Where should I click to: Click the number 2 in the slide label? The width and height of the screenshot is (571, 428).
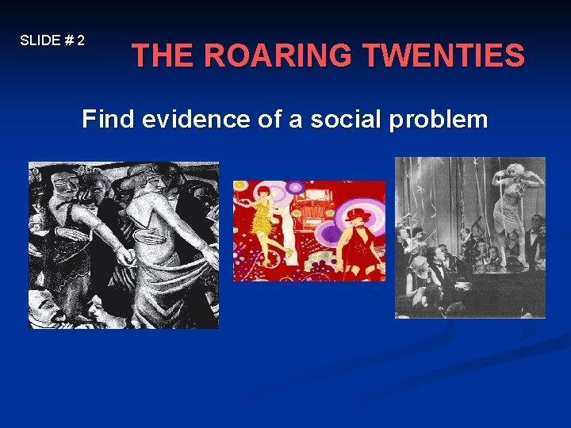(x=81, y=40)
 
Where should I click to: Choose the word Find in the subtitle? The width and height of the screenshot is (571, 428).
(x=109, y=120)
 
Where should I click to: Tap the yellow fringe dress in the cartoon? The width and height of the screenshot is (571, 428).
(x=263, y=220)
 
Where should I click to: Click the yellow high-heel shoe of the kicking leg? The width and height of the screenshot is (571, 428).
(x=288, y=251)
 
